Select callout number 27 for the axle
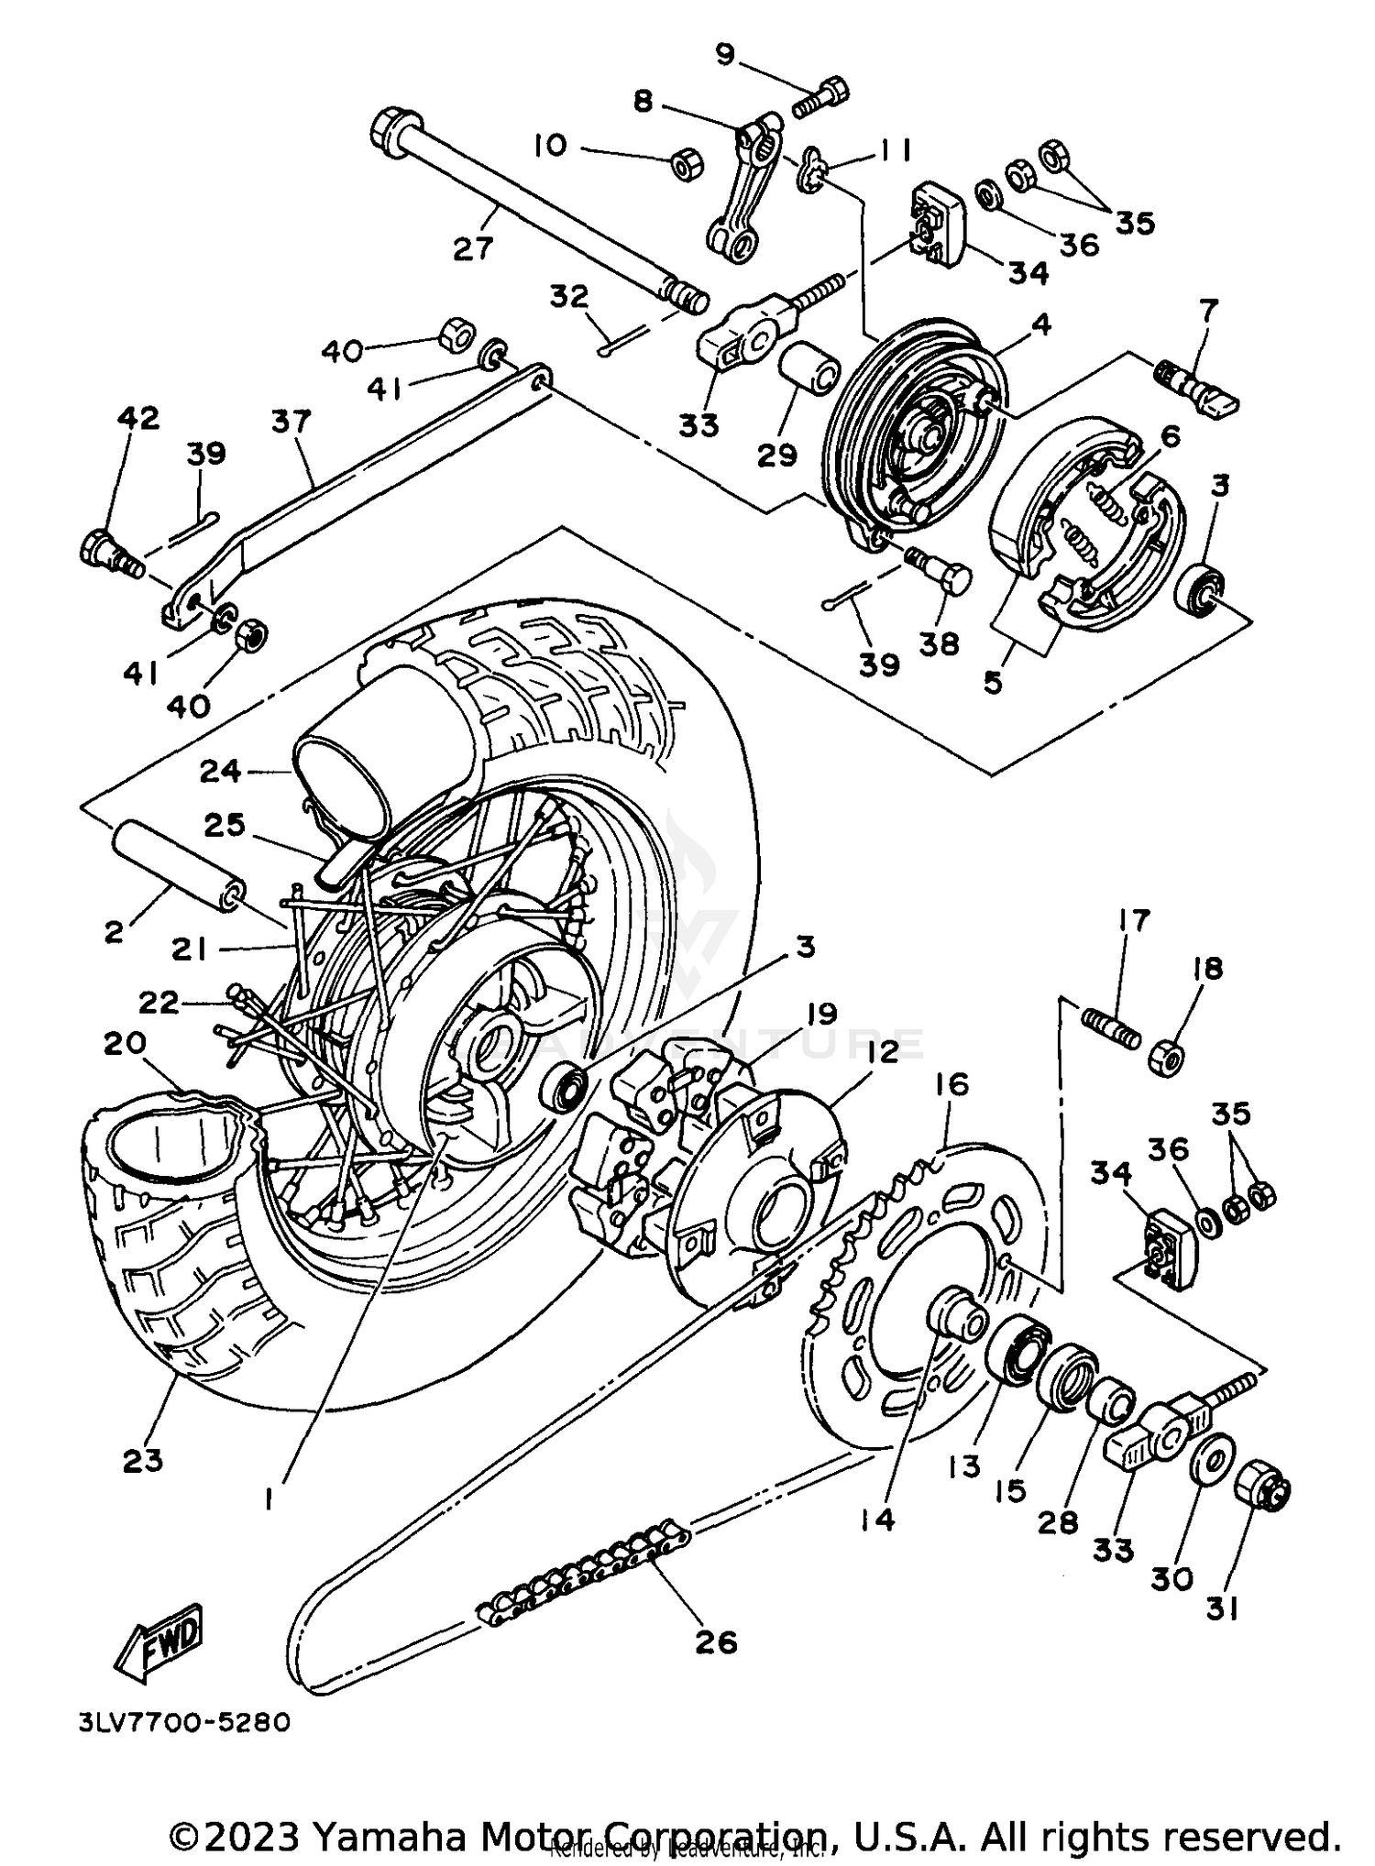click(473, 247)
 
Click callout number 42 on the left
click(138, 418)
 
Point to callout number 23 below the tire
click(142, 1460)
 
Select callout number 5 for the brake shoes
click(994, 682)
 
